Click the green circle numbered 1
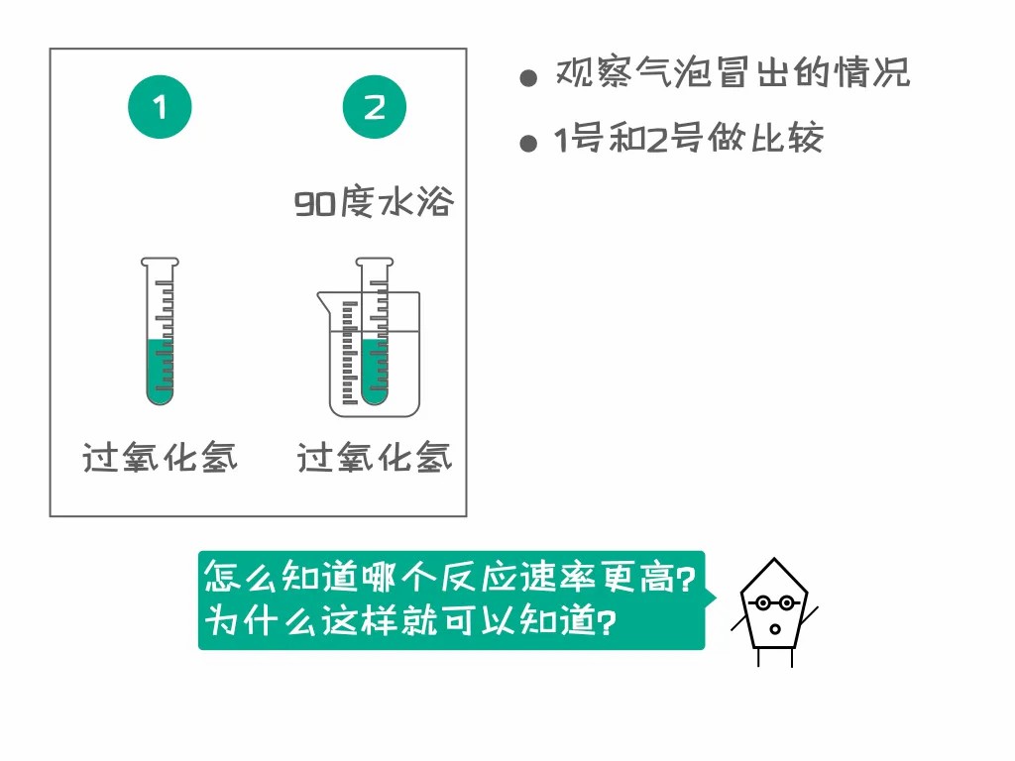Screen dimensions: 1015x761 coord(160,107)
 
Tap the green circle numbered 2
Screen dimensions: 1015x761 coord(374,107)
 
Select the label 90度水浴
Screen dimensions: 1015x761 coord(374,202)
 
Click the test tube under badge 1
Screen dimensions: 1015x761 coord(160,331)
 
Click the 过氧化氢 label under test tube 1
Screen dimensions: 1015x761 coord(160,457)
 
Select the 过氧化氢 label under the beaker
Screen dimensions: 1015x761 coord(374,457)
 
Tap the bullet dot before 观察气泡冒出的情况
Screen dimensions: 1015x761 coord(528,78)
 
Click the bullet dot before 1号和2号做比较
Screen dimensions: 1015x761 coord(528,143)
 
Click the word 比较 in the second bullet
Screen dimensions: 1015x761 coord(787,137)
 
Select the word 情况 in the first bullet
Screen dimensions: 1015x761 coord(872,71)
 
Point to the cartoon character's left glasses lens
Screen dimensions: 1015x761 coord(763,603)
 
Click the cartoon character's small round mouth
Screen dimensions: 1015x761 coord(775,629)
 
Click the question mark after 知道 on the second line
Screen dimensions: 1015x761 coord(606,622)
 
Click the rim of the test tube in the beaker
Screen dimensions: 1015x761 coord(374,262)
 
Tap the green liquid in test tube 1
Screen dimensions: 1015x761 coord(160,371)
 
